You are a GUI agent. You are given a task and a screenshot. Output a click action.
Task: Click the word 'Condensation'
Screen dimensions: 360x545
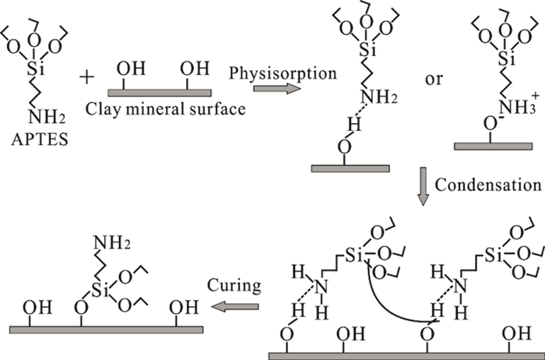tap(488, 185)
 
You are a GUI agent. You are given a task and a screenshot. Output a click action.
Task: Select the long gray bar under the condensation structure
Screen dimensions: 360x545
tap(404, 355)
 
